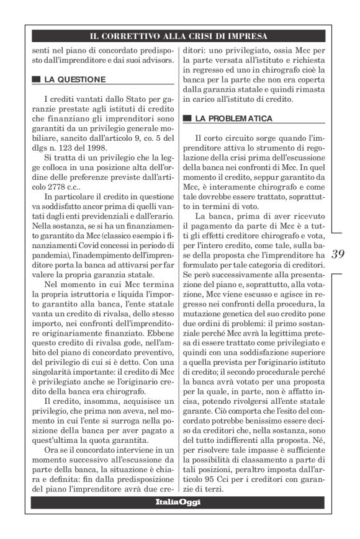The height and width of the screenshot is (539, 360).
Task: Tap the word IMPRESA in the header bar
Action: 246,36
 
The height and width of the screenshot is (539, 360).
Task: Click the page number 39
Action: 338,254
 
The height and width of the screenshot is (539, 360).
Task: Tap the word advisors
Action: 151,62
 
